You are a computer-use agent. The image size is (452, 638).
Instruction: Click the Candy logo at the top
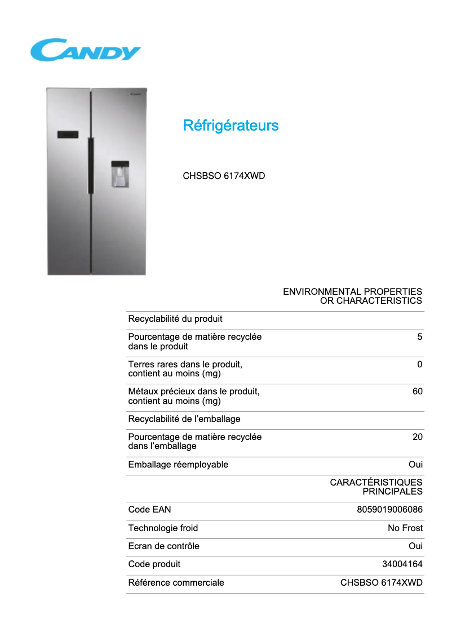[85, 50]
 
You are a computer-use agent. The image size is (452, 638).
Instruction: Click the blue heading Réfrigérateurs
[231, 125]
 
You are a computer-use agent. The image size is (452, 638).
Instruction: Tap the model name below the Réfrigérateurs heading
[224, 176]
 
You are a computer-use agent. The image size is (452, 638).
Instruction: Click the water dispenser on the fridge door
[120, 174]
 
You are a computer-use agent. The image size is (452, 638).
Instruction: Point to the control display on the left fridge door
[68, 134]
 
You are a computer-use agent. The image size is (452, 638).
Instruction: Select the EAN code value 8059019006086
[389, 510]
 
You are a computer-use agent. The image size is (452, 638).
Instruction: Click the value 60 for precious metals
[417, 392]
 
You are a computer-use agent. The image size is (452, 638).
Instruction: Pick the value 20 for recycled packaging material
[417, 437]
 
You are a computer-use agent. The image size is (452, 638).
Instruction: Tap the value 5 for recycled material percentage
[419, 337]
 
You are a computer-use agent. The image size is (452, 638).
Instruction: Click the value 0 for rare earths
[419, 365]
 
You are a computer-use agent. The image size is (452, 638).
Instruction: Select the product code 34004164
[402, 564]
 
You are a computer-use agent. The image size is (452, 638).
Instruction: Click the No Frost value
[405, 528]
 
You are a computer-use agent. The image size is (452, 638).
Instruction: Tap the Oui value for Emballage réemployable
[415, 465]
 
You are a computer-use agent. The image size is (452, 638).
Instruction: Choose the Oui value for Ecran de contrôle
[415, 546]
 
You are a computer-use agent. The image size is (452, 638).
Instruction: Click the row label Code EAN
[149, 510]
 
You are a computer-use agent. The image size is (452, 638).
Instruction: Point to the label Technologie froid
[163, 528]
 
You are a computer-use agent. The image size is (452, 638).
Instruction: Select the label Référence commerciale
[176, 583]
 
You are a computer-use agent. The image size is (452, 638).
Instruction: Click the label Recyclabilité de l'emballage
[184, 419]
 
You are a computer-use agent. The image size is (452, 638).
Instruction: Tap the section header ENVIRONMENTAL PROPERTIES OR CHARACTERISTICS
[352, 296]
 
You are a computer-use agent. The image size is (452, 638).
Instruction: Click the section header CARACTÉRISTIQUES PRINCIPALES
[376, 487]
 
